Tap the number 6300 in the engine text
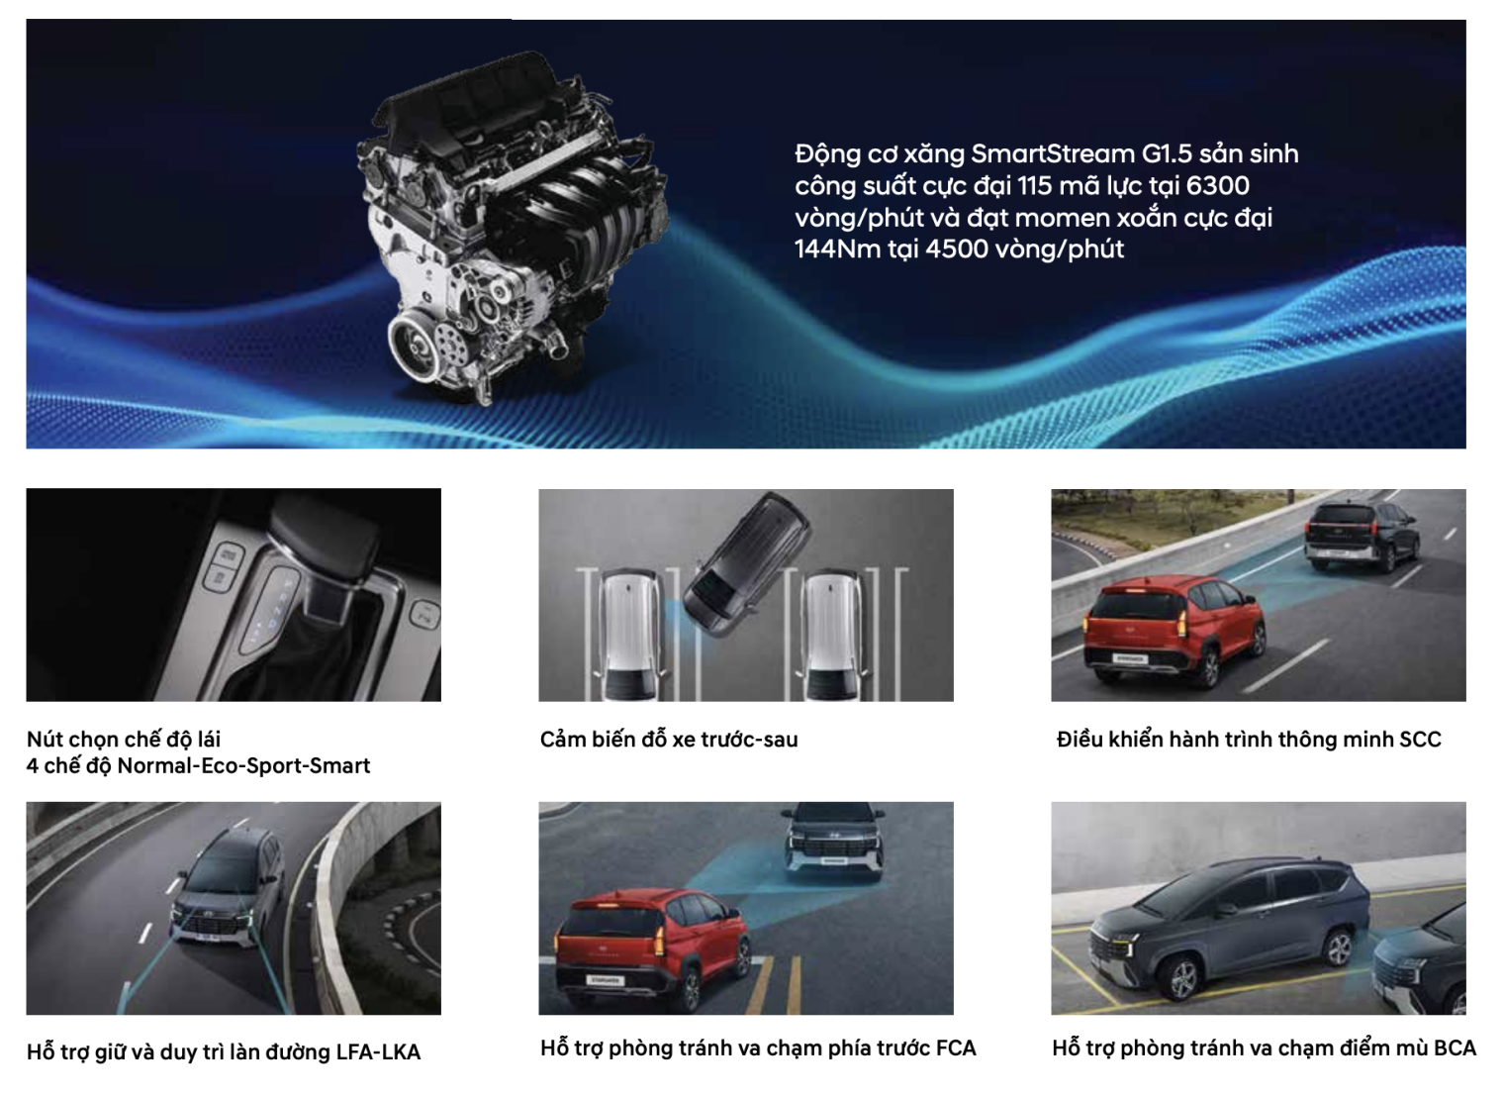pyautogui.click(x=1217, y=185)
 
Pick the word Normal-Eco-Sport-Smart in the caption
pyautogui.click(x=243, y=766)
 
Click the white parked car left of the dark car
pyautogui.click(x=629, y=635)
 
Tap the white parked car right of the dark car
pyautogui.click(x=832, y=635)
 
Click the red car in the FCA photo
pyautogui.click(x=652, y=948)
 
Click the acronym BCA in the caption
pyautogui.click(x=1455, y=1048)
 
